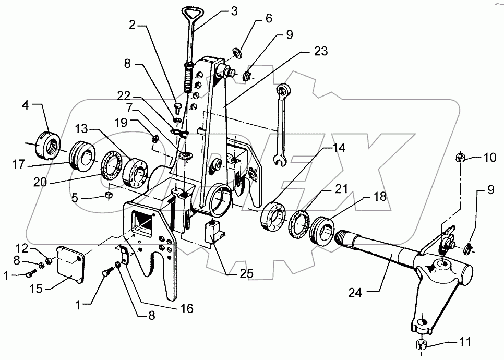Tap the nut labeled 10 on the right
pos(460,157)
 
